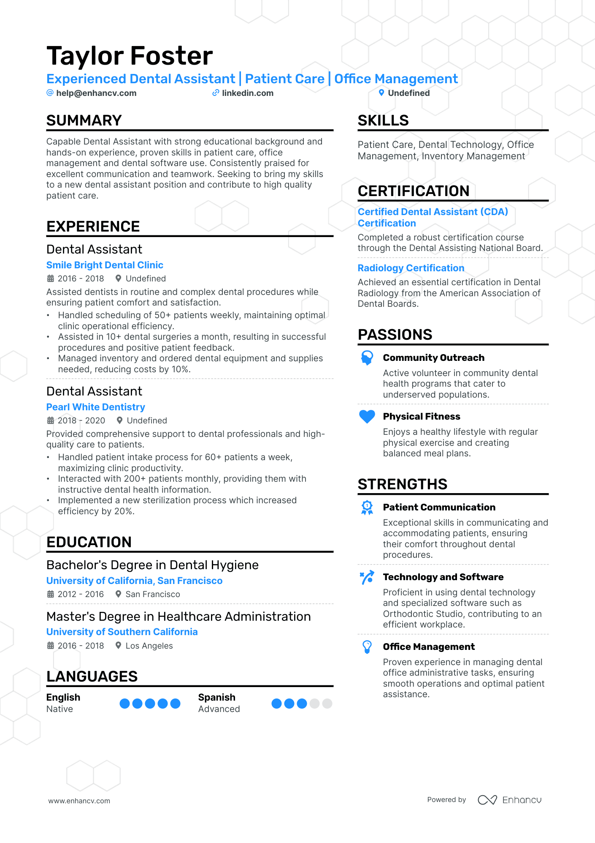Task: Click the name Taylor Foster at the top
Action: coord(130,56)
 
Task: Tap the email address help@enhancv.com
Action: coord(96,93)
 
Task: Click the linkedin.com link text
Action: coord(247,93)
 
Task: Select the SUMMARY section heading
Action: coord(84,120)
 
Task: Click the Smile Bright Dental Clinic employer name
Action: coord(105,265)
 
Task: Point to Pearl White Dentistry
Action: coord(95,407)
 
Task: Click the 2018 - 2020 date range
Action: coord(81,420)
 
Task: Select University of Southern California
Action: coord(122,632)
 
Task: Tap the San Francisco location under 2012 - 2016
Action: coord(153,594)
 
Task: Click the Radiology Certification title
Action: coord(411,268)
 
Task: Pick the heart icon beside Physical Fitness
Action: coord(367,416)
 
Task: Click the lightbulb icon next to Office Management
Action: coord(367,647)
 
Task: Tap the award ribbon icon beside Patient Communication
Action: coord(367,507)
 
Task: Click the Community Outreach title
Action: coord(433,357)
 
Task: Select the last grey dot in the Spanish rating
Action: coord(327,704)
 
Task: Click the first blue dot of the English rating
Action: coord(124,704)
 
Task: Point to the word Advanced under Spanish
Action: coord(219,709)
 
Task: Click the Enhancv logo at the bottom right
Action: coord(509,800)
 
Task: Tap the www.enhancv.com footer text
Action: coord(79,801)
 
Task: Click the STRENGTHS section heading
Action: coord(402,484)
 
